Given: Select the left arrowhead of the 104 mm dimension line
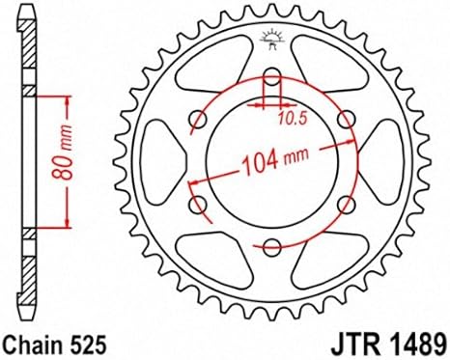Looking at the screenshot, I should tap(192, 180).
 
